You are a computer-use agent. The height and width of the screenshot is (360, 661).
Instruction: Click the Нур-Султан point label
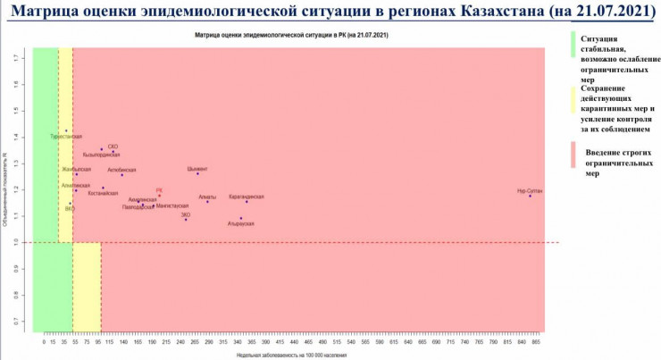tap(530, 190)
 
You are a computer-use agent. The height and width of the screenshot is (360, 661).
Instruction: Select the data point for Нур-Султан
tap(530, 196)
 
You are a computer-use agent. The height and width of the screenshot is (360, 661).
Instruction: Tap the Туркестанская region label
tap(66, 137)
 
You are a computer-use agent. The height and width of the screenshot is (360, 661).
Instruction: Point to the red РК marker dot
tap(159, 197)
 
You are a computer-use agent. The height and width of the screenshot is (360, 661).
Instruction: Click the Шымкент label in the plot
tap(197, 168)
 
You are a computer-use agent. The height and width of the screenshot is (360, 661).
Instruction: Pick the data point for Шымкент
tap(197, 173)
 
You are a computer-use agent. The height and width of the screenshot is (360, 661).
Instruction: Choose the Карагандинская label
tap(247, 196)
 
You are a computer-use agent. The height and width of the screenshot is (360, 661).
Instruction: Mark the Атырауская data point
tap(240, 218)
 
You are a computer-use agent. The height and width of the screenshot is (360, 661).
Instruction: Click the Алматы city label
tap(207, 196)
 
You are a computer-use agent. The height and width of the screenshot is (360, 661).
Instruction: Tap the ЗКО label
tap(186, 214)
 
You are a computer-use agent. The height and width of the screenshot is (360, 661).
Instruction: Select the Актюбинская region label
tap(121, 169)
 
